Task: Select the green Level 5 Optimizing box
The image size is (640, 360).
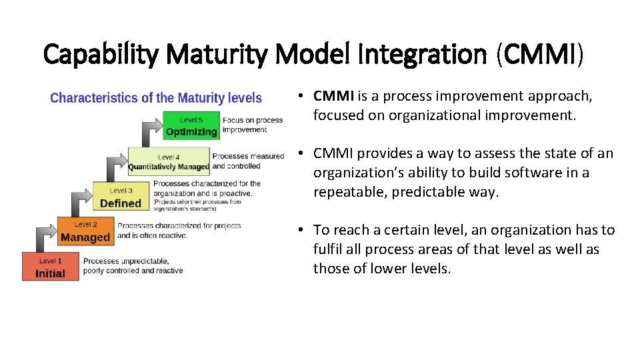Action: coord(191,126)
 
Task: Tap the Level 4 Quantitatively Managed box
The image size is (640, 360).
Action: coord(168,162)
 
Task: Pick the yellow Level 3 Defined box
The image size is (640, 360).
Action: coord(121,198)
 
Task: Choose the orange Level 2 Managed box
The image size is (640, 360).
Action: coord(85,232)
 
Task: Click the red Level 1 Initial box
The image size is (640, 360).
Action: coord(50,268)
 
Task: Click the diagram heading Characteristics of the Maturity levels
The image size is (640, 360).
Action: coord(156,98)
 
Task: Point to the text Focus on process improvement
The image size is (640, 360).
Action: coord(253,125)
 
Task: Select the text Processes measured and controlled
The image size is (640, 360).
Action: coord(247,161)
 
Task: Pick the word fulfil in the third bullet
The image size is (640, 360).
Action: coord(327,249)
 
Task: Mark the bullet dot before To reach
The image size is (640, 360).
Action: coord(302,230)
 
